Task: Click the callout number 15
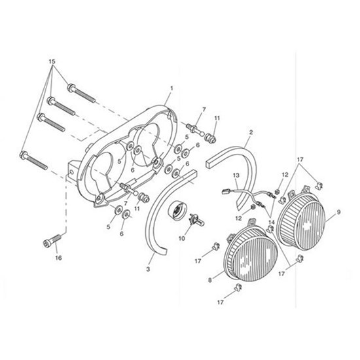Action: pos(52,62)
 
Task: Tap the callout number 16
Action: pos(58,258)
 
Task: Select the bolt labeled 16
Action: pos(52,240)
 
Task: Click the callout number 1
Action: pos(171,88)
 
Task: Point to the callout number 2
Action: pos(251,132)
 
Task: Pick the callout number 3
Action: pos(148,269)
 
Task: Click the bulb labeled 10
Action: pos(196,220)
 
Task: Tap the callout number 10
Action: pos(182,238)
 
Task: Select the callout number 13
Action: pos(236,175)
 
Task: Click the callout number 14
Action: pos(272,223)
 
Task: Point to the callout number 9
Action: pos(338,213)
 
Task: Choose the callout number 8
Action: pos(210,280)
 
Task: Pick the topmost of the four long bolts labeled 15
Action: pos(81,94)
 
